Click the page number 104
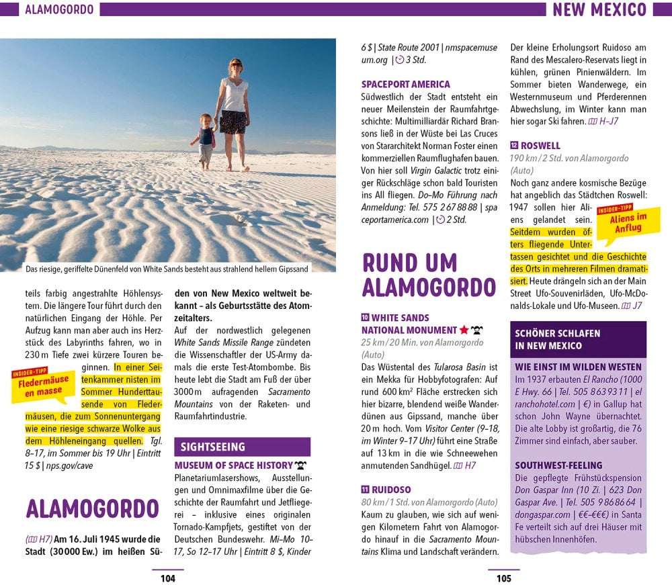click(167, 578)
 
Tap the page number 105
click(503, 578)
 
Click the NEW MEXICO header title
click(599, 9)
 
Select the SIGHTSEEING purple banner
click(242, 447)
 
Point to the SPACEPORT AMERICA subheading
click(405, 85)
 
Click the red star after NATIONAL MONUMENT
click(464, 330)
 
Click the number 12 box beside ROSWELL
click(514, 145)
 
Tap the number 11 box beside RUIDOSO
click(366, 489)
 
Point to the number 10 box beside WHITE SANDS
click(366, 318)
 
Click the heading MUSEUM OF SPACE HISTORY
click(233, 465)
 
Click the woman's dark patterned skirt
click(233, 122)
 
